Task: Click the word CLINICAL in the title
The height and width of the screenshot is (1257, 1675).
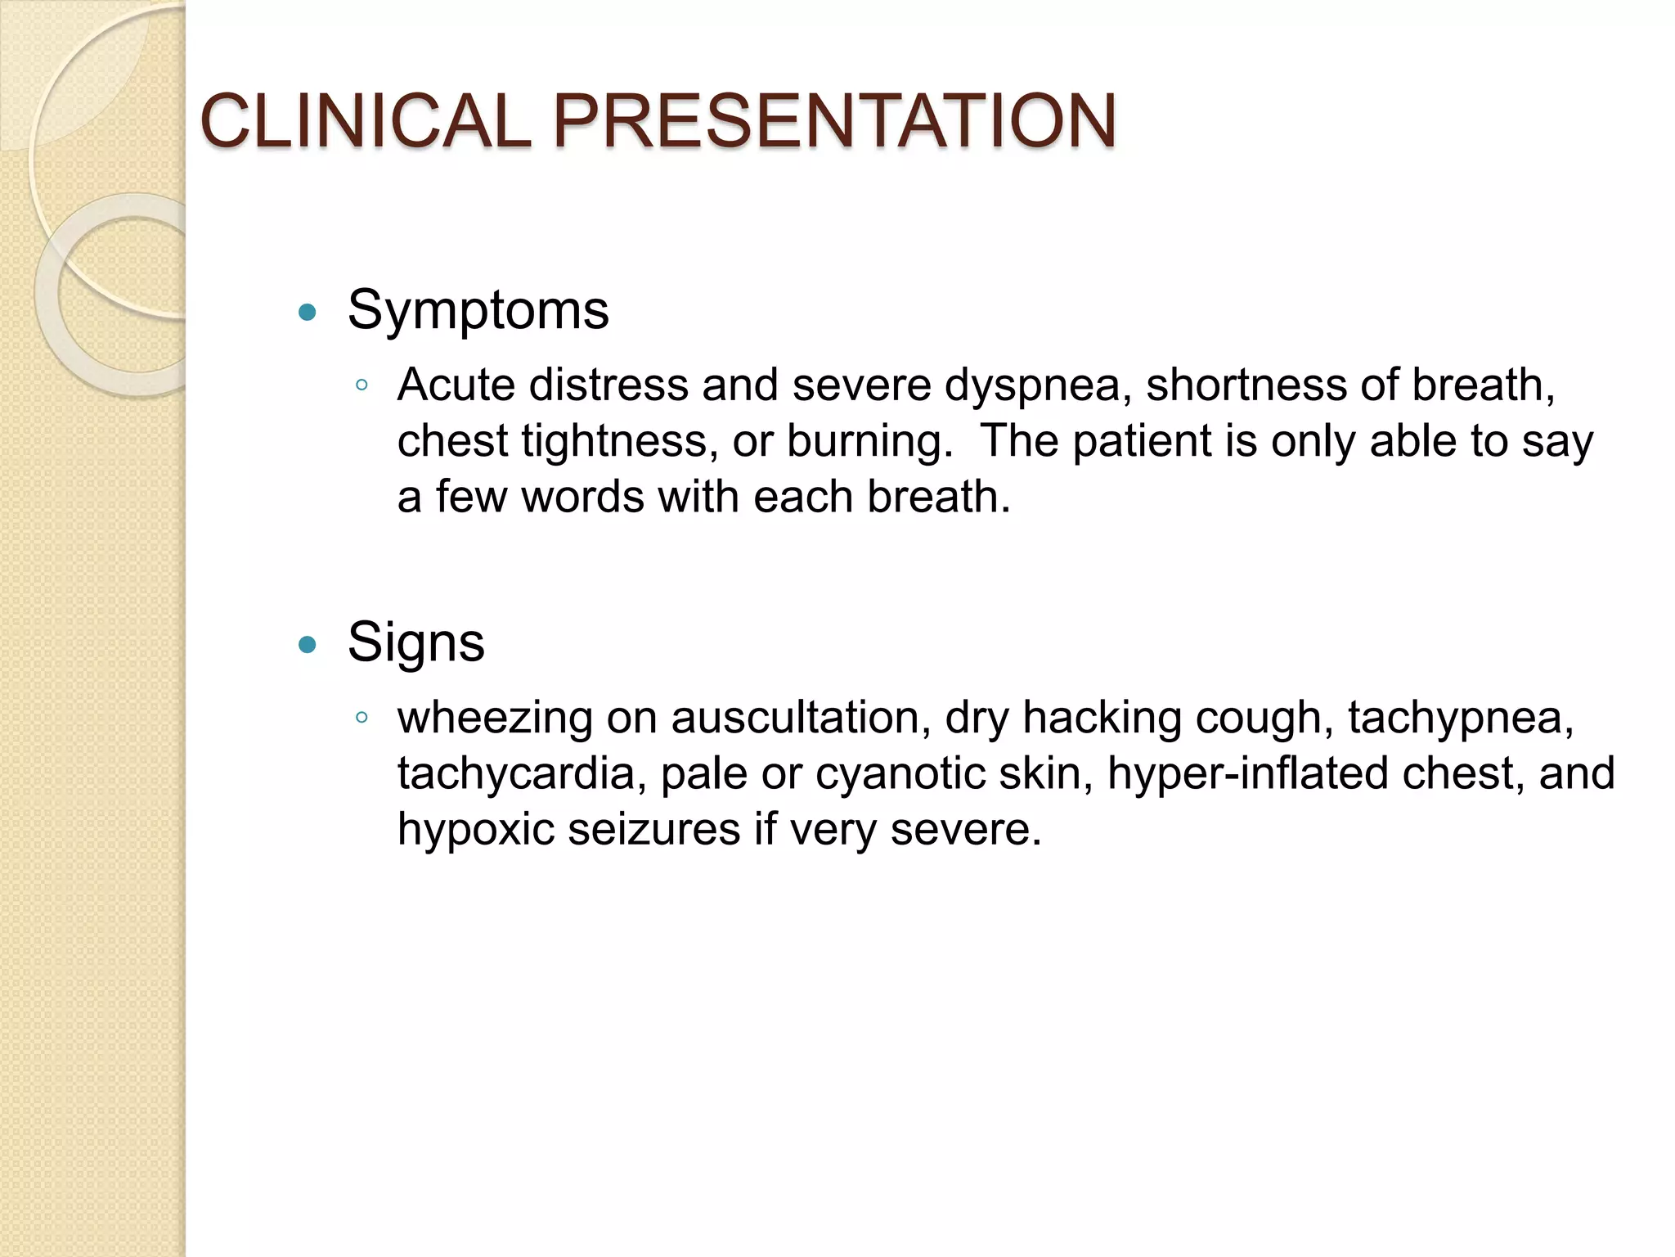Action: (365, 121)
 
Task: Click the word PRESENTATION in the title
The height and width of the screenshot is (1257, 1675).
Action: (835, 121)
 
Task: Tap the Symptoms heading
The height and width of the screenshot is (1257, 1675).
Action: (478, 311)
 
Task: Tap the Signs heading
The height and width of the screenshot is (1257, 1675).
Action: (415, 643)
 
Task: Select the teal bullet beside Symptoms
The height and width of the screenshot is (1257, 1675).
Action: (308, 312)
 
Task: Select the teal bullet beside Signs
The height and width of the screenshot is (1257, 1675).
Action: (308, 645)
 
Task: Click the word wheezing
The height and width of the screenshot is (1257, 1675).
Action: (495, 718)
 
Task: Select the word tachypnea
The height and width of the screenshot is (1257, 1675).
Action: (1461, 719)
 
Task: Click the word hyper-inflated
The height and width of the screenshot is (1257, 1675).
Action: (1246, 775)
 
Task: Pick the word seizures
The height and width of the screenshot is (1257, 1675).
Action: (653, 829)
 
